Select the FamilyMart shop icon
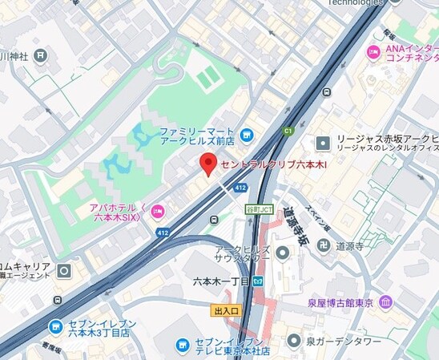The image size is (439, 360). [247, 134]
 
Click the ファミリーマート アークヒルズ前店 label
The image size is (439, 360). [196, 136]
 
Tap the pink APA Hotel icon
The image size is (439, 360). [157, 212]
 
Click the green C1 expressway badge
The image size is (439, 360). [288, 131]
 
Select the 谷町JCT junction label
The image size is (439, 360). [258, 209]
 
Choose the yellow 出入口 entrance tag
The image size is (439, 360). [227, 309]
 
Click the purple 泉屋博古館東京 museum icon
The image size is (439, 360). [387, 302]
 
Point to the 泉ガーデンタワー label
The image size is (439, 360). [345, 342]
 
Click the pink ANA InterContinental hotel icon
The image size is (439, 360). [373, 52]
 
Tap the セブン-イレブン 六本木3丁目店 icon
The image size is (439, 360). [55, 327]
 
